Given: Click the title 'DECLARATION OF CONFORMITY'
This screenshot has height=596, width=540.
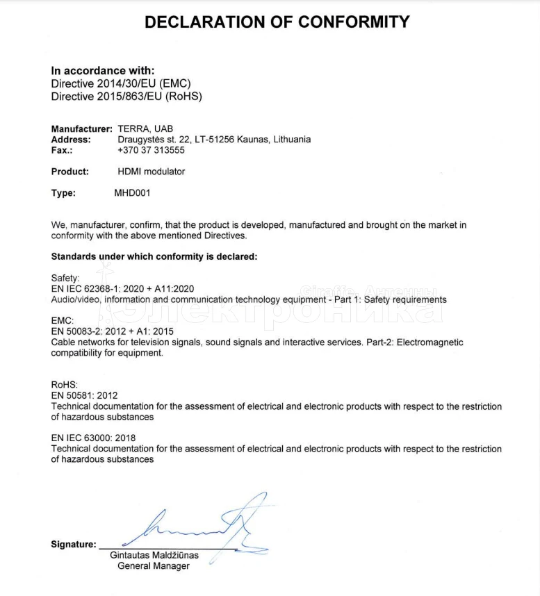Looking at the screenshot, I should click(x=277, y=22).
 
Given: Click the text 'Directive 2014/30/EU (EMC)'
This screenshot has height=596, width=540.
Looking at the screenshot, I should click(x=121, y=83).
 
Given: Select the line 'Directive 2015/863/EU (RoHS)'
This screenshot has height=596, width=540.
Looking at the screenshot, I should click(x=126, y=97).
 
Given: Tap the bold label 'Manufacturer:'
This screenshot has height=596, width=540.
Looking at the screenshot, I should click(x=81, y=129).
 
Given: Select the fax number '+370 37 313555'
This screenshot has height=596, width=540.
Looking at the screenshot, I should click(x=152, y=150).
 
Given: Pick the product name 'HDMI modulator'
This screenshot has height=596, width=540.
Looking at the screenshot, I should click(x=152, y=172).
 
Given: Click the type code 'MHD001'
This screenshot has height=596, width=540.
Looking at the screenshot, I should click(x=132, y=193).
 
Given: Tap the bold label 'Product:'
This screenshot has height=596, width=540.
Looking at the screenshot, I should click(x=70, y=172).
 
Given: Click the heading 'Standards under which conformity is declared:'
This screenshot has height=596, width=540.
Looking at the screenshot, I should click(x=154, y=256).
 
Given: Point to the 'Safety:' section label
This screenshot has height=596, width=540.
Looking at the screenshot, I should click(x=66, y=278).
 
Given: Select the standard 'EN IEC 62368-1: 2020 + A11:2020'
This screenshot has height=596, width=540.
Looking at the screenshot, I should click(x=122, y=288).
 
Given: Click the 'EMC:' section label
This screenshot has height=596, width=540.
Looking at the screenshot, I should click(x=63, y=321).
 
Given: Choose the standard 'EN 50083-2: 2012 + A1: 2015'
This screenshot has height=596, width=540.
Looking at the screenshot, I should click(x=113, y=331).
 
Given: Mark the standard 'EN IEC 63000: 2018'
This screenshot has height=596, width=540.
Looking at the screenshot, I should click(x=93, y=438).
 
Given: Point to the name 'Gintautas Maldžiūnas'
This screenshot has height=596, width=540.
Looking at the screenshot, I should click(x=154, y=556).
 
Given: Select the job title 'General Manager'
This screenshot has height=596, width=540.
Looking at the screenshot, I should click(x=154, y=566).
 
